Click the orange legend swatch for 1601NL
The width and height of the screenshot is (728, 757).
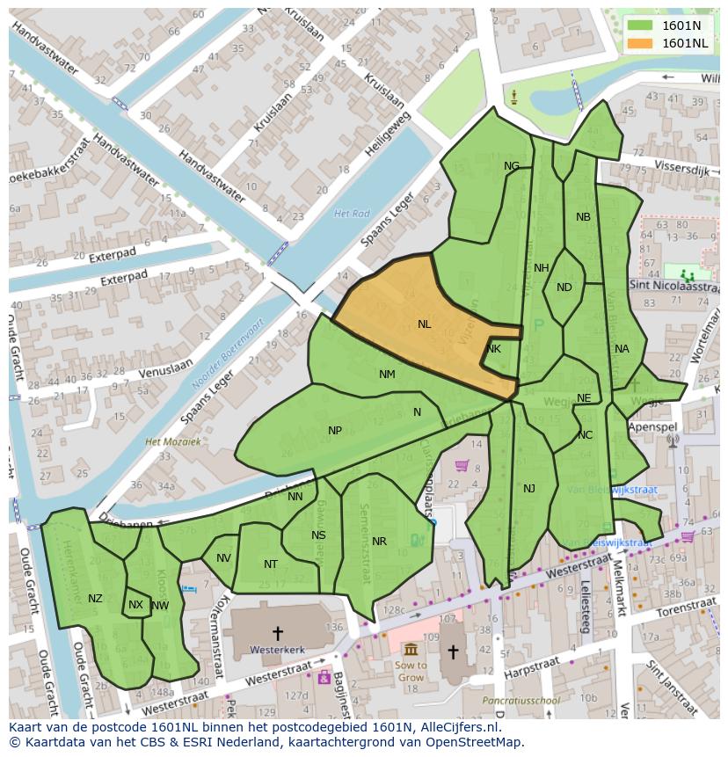click(x=640, y=43)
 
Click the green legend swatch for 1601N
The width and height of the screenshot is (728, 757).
click(x=640, y=25)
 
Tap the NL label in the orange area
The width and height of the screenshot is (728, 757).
click(x=425, y=324)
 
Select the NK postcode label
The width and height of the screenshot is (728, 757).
click(x=493, y=349)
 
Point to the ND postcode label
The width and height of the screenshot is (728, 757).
click(x=564, y=288)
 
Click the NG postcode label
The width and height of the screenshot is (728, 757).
click(x=512, y=166)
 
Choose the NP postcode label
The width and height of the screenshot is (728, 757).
click(x=335, y=431)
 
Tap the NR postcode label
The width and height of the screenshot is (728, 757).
click(x=379, y=542)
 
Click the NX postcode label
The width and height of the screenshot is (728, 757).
click(x=135, y=605)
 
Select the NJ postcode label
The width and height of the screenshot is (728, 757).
click(x=529, y=489)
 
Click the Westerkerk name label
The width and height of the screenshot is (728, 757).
click(x=277, y=651)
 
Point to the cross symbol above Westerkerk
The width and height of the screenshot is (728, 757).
click(x=278, y=632)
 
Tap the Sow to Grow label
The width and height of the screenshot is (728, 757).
click(x=411, y=671)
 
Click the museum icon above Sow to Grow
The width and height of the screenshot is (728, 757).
click(x=411, y=649)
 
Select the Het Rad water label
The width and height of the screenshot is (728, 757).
click(x=352, y=214)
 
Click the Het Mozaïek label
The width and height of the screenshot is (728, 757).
click(x=173, y=442)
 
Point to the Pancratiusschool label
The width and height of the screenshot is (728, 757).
click(x=521, y=701)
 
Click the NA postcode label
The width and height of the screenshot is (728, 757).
click(x=622, y=349)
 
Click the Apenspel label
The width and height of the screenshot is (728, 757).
click(x=653, y=426)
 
